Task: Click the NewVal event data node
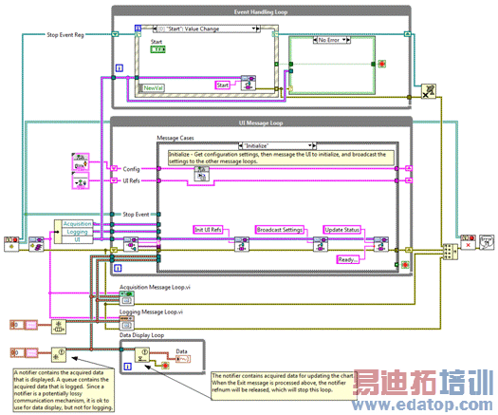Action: (153, 87)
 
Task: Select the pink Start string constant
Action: (223, 85)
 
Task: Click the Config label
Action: (130, 168)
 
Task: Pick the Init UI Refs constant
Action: (209, 230)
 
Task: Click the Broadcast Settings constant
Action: (280, 230)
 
